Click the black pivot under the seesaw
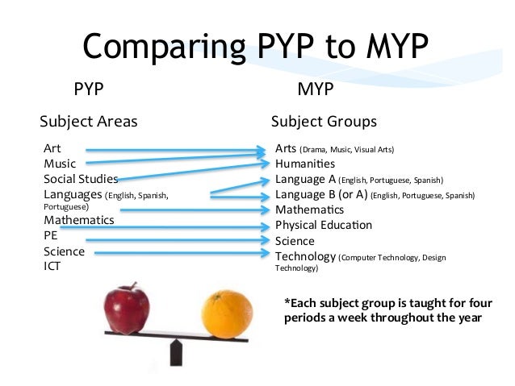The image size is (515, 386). click(174, 351)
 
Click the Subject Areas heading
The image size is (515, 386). click(89, 122)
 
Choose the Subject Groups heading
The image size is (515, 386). click(324, 122)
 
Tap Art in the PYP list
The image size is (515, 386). click(52, 150)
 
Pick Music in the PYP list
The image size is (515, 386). click(60, 164)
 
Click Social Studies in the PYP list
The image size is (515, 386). click(81, 179)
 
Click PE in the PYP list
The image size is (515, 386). click(51, 237)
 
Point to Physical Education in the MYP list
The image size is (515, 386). click(324, 225)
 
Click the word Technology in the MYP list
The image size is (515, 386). click(305, 256)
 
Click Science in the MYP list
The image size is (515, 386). click(295, 240)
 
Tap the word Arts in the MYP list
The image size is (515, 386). click(286, 149)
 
